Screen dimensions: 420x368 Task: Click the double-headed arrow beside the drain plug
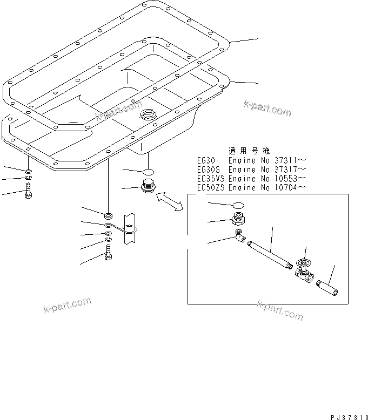169,201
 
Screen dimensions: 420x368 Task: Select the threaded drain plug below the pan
148,187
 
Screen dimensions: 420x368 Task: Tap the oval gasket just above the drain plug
148,171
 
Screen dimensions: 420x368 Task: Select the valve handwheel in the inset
305,263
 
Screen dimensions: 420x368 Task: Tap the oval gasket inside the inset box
239,205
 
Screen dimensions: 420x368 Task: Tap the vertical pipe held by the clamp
130,238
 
